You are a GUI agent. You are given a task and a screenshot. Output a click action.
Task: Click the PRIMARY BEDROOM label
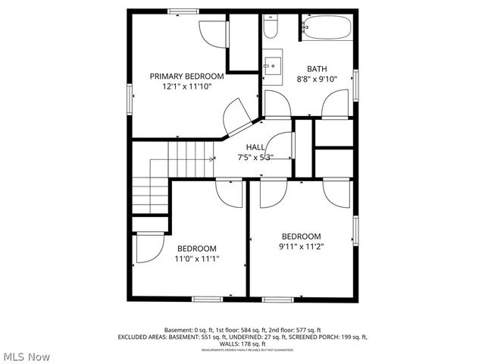(x=186, y=76)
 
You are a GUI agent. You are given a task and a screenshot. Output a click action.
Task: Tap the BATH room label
(x=317, y=68)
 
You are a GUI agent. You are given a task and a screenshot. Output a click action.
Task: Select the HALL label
(x=255, y=147)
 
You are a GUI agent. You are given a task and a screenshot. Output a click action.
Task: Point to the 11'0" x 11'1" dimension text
(x=197, y=259)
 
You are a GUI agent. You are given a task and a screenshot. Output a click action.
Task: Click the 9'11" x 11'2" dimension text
(x=302, y=246)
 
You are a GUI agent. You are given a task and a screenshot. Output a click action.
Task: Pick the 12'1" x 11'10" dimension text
(x=186, y=86)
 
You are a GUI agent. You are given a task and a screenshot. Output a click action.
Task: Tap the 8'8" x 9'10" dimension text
(x=316, y=78)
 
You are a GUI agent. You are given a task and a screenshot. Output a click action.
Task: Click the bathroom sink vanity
(x=271, y=65)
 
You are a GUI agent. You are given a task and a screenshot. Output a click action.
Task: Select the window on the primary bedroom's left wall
(x=131, y=95)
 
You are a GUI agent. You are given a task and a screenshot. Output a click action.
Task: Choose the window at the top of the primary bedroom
(x=182, y=10)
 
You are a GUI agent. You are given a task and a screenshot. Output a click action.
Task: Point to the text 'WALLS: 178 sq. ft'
(x=242, y=344)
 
